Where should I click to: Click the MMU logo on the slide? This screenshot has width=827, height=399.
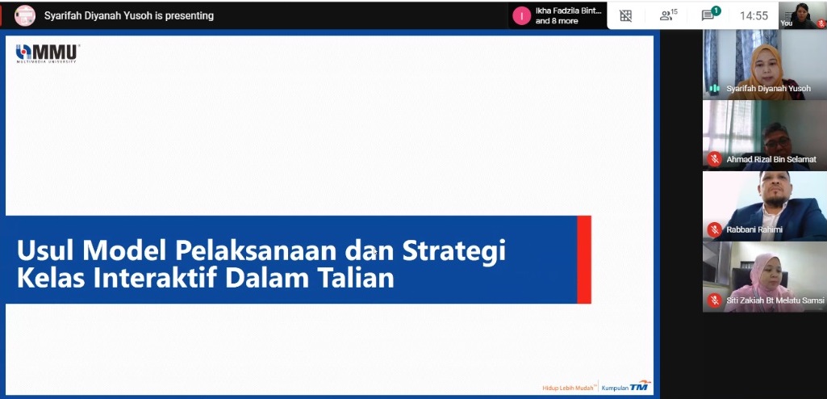[48, 53]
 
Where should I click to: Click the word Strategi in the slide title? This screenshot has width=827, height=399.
[454, 250]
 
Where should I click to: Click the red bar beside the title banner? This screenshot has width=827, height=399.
[584, 259]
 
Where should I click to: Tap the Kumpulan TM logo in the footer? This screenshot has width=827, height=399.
[626, 386]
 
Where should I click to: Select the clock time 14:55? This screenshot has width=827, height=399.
[754, 16]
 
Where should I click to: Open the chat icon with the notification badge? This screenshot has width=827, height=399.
[709, 15]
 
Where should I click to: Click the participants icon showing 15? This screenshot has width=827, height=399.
[668, 15]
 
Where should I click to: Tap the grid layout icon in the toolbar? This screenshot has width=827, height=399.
[625, 16]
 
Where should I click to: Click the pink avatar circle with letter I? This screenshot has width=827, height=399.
[522, 16]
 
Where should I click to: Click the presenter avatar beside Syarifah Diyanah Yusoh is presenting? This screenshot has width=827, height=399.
[25, 16]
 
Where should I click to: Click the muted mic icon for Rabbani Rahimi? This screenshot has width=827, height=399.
[715, 229]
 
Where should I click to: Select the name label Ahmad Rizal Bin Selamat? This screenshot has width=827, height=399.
[771, 159]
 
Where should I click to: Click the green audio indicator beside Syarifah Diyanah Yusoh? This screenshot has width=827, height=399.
[715, 89]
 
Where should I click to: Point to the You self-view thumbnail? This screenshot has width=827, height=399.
[802, 15]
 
